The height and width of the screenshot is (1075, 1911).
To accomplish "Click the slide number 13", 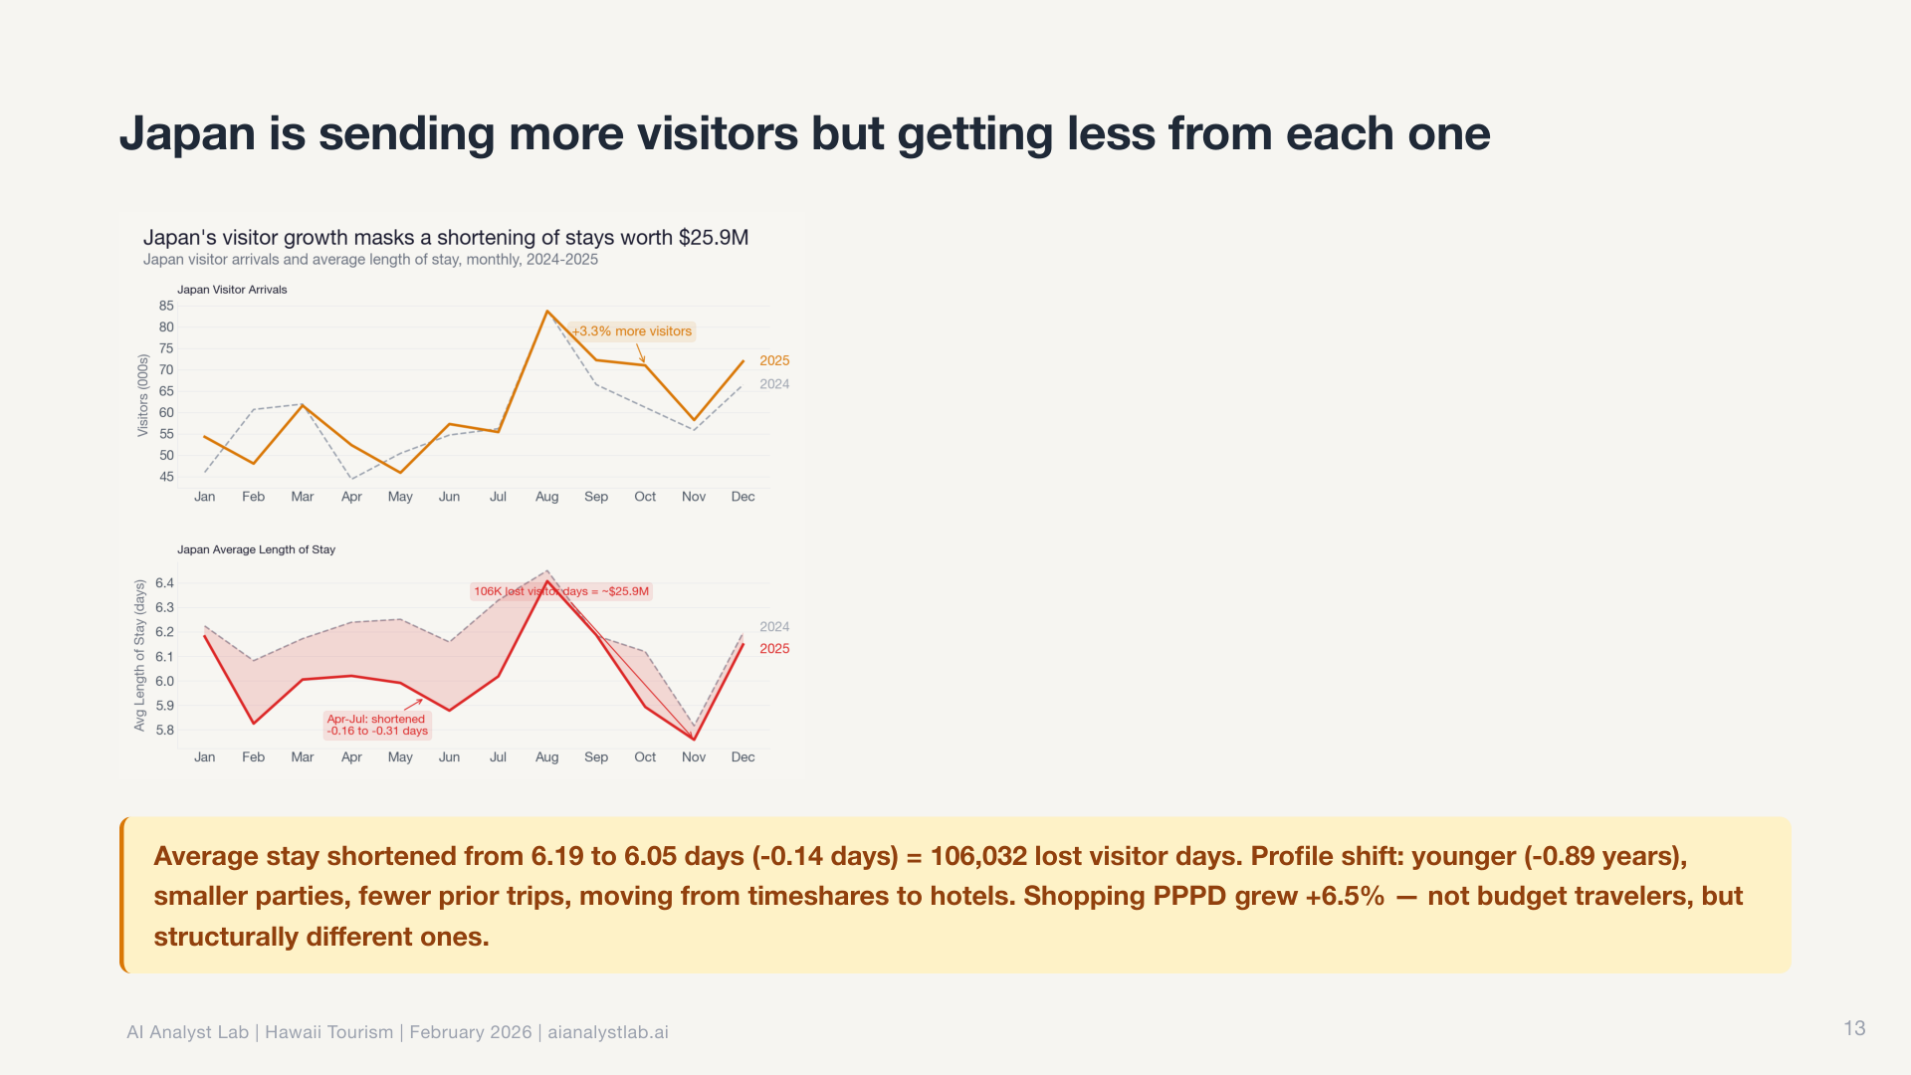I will (x=1854, y=1028).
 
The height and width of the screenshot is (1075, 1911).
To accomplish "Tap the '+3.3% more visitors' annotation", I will (x=632, y=331).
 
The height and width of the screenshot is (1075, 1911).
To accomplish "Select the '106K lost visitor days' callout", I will (x=561, y=591).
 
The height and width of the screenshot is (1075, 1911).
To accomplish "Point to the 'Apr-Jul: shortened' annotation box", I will (x=377, y=725).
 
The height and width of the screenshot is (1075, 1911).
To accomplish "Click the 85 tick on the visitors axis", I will (x=166, y=306).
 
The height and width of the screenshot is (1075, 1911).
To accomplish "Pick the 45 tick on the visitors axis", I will (x=166, y=477).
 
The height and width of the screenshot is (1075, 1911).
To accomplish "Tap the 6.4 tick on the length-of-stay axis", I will (x=164, y=583).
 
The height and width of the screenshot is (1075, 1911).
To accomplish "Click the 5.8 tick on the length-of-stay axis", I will (x=164, y=730).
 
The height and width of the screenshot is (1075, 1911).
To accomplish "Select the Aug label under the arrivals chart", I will (x=546, y=497).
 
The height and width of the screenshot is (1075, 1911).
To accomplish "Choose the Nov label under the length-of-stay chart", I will (x=694, y=757).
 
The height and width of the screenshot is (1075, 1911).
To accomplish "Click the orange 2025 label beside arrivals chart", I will (x=774, y=360).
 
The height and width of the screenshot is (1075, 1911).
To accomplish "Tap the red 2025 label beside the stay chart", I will (x=774, y=649).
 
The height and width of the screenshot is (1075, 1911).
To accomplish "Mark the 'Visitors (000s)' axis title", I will (x=142, y=395).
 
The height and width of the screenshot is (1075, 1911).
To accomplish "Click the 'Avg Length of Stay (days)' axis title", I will (x=139, y=655).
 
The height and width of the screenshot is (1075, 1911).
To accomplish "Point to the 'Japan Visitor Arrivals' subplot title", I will (x=232, y=290).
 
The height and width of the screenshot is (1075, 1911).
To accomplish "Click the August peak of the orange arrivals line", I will (x=547, y=312).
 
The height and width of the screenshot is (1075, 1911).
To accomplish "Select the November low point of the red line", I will (x=694, y=739).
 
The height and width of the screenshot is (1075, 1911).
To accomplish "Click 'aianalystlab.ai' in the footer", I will (x=607, y=1032).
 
